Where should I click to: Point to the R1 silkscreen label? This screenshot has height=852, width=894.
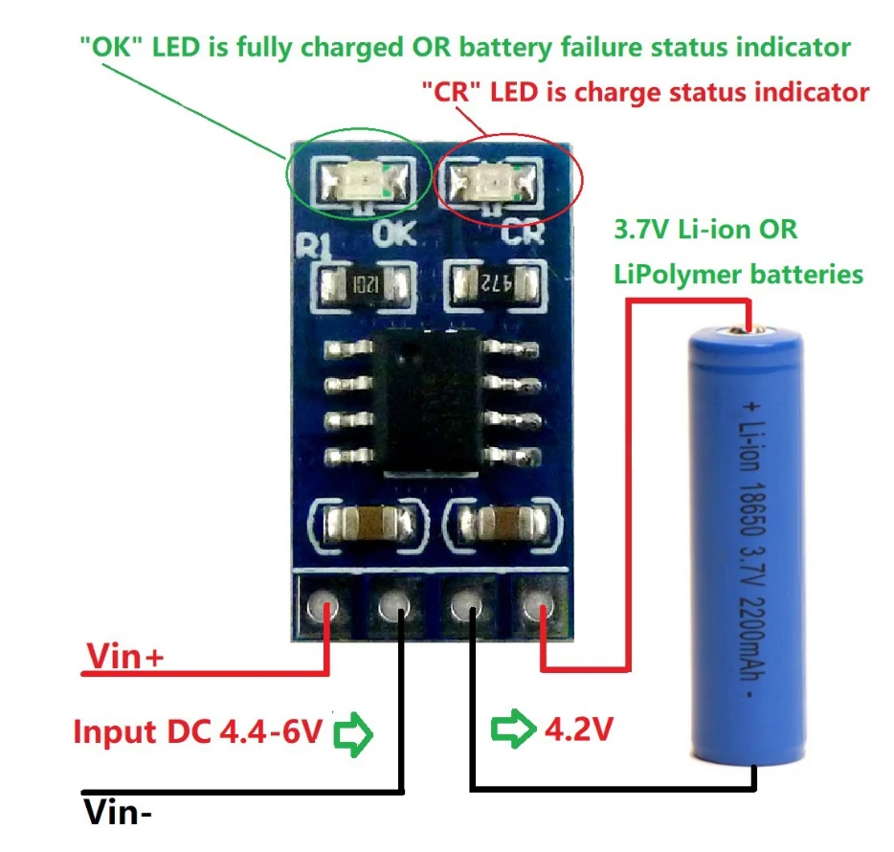pos(314,246)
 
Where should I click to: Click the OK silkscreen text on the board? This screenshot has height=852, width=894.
pos(394,234)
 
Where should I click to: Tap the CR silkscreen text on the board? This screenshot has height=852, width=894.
pos(523,232)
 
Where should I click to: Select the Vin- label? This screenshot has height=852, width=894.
pos(118,812)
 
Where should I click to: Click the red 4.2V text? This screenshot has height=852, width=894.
pos(579,729)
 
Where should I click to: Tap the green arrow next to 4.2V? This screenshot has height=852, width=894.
pos(513,729)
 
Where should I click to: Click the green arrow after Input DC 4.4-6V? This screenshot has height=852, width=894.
pos(353,734)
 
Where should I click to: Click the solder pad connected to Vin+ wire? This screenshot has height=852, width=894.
pos(324,608)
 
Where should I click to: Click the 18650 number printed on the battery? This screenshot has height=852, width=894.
pos(752,509)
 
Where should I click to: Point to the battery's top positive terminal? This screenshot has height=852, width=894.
pos(747,329)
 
